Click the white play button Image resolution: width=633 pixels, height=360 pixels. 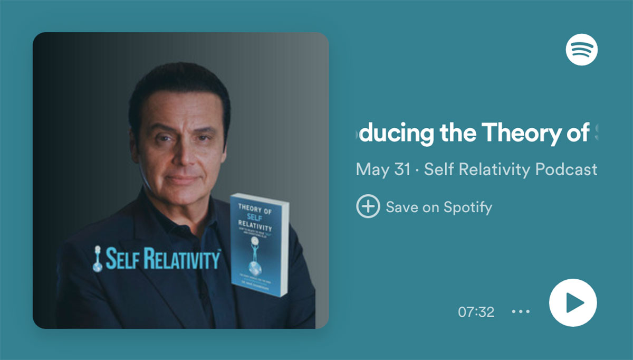coord(573,303)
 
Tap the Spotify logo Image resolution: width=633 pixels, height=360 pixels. coord(581,49)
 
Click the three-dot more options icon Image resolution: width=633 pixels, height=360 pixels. coord(521,311)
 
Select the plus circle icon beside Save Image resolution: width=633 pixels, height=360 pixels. coord(368,206)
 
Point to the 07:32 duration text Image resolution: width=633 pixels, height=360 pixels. coord(476,312)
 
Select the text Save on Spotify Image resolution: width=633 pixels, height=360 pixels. coord(439,207)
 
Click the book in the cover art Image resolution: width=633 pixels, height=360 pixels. coord(260,243)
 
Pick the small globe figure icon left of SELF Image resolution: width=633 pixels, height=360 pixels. coord(97,260)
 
